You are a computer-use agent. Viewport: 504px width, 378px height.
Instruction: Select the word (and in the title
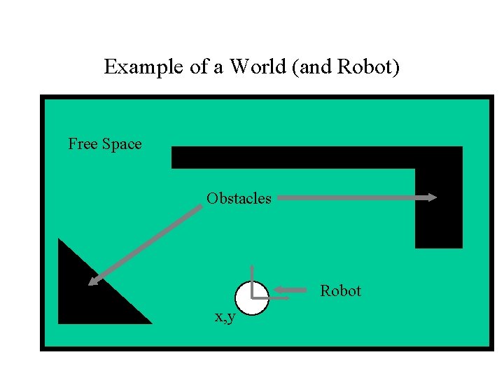pos(318,67)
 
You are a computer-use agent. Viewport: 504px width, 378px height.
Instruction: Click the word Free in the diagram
pos(83,144)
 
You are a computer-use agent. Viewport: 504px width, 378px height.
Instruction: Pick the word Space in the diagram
pos(122,144)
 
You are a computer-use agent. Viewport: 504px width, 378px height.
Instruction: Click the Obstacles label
pos(239,199)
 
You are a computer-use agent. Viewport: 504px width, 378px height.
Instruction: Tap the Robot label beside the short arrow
pos(340,290)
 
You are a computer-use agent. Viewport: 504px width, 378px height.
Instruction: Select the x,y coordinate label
pos(225,317)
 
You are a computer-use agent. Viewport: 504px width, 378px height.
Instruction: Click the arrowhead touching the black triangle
pos(93,281)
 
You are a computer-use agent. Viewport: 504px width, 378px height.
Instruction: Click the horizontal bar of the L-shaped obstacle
pos(294,157)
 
